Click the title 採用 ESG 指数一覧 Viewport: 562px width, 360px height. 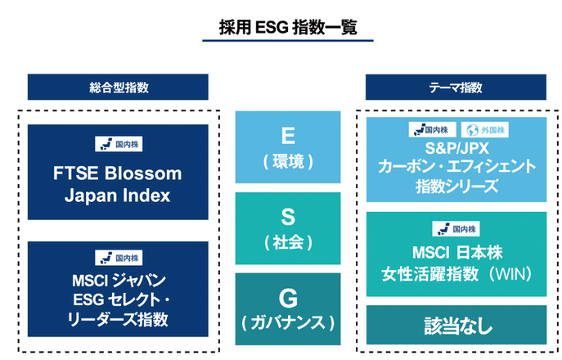(x=280, y=26)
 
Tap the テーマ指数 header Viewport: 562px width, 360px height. (x=455, y=87)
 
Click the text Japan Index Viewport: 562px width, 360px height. (x=118, y=196)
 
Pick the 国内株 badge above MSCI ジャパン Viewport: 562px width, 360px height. (x=118, y=256)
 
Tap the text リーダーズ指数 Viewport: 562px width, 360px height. (x=118, y=318)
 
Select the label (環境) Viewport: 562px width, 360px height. (x=288, y=162)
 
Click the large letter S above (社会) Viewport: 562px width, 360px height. (x=288, y=216)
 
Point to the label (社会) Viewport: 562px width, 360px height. (x=288, y=241)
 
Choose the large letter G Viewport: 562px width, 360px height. (x=288, y=296)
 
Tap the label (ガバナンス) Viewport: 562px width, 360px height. (x=288, y=322)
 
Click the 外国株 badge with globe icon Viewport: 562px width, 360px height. (x=486, y=129)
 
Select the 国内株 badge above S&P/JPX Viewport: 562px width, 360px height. (x=432, y=129)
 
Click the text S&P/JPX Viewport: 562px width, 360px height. (x=456, y=148)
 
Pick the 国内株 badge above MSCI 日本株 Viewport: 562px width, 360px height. (x=456, y=229)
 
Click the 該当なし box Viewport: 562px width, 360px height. (x=456, y=325)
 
